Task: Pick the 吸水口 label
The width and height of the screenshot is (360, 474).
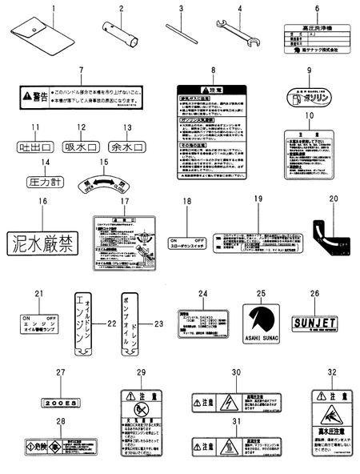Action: (81, 147)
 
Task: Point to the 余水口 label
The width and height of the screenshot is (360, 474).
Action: (126, 147)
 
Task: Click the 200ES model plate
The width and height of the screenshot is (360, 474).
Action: (60, 404)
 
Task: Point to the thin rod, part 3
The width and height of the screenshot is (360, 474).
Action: (181, 30)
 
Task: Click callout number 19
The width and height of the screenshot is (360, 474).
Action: (258, 199)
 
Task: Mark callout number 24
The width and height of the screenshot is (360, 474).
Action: (202, 294)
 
